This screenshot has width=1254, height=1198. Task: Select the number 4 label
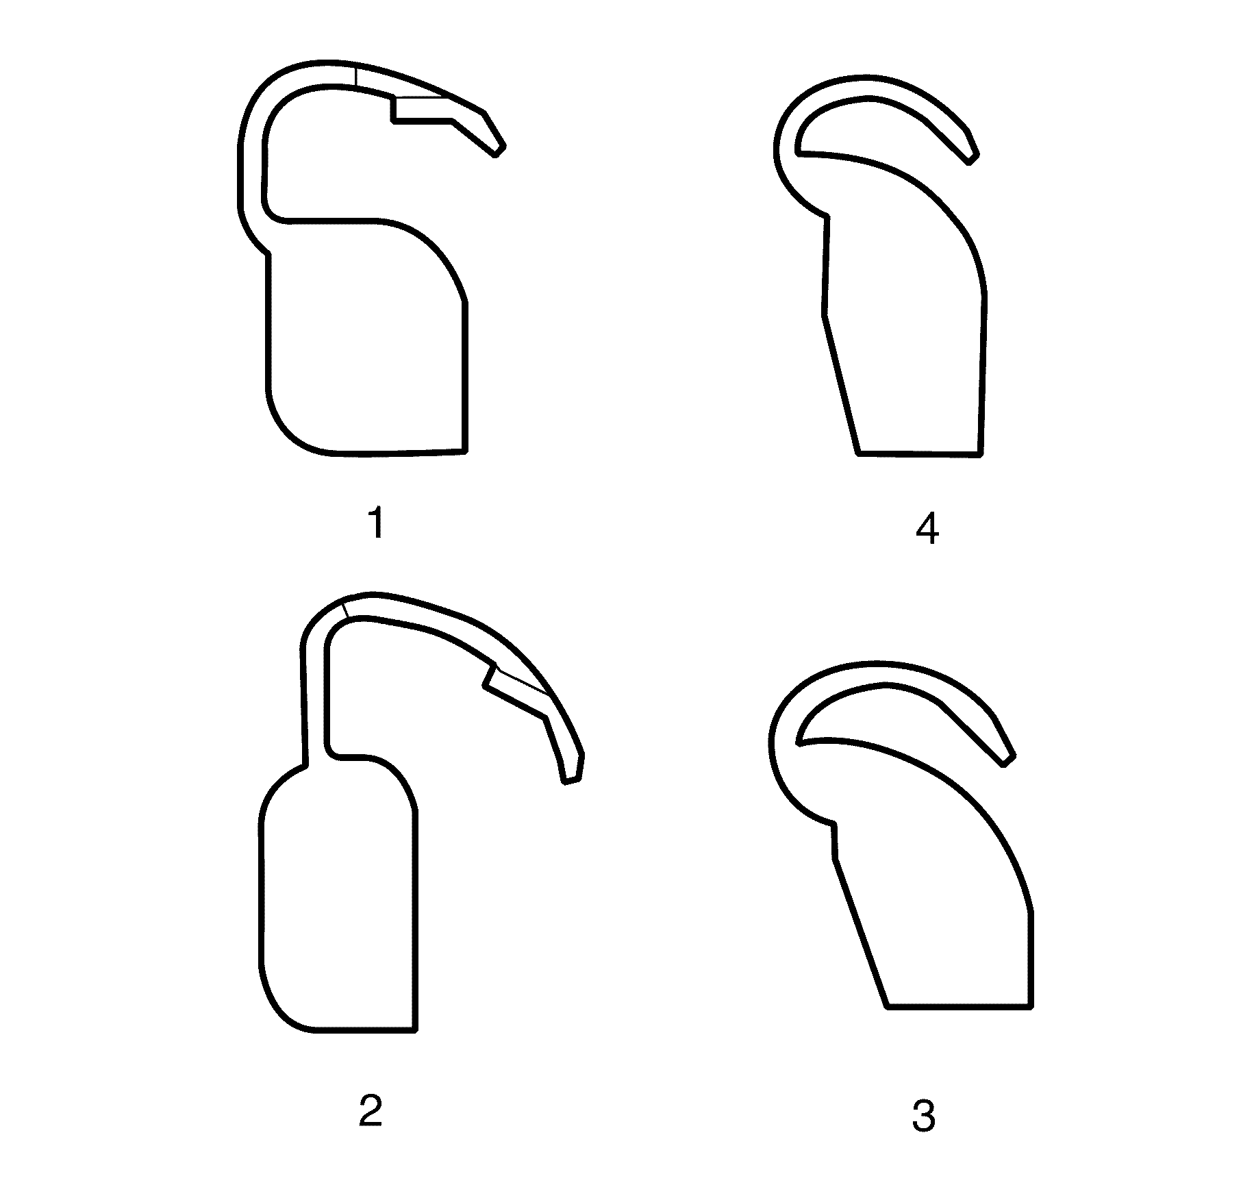tap(927, 530)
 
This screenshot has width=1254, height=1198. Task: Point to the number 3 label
tap(923, 1116)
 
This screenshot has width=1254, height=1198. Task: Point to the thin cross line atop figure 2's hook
tap(346, 609)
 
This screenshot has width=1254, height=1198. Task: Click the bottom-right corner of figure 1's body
tap(465, 451)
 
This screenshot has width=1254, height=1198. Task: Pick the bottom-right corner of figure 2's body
tap(415, 1029)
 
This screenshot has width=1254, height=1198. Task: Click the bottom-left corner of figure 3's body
tap(888, 1006)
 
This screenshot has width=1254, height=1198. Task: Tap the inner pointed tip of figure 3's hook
tap(799, 742)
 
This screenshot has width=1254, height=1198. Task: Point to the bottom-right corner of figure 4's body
tap(980, 453)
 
